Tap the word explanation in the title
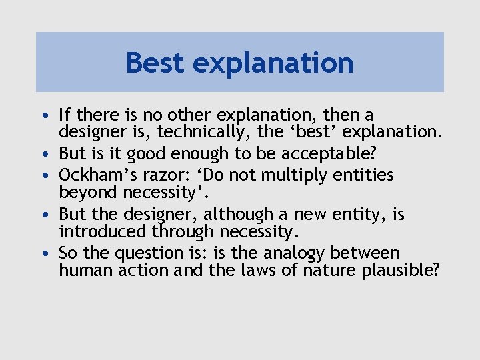click(x=274, y=64)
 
